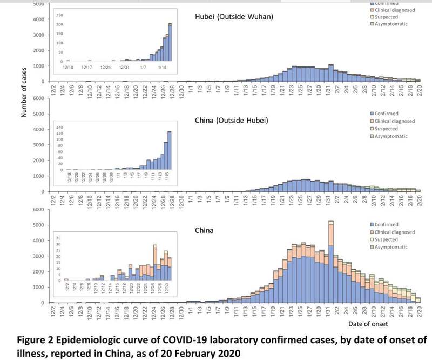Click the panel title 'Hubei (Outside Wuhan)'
[x=234, y=16]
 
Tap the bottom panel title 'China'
[x=204, y=230]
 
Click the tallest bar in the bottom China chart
[x=331, y=262]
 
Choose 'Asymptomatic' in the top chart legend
[x=392, y=24]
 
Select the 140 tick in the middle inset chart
[x=59, y=126]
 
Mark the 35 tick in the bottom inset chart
[x=59, y=237]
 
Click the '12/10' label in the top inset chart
[x=67, y=67]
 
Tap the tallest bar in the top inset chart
[x=170, y=43]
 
